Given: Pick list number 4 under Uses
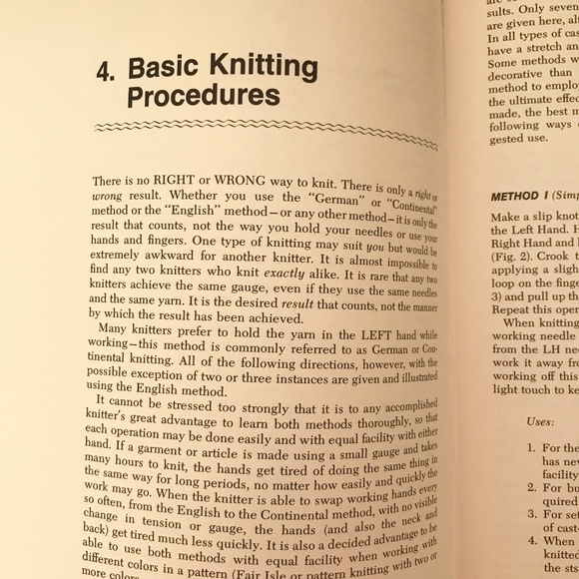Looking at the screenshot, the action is [532, 542].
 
